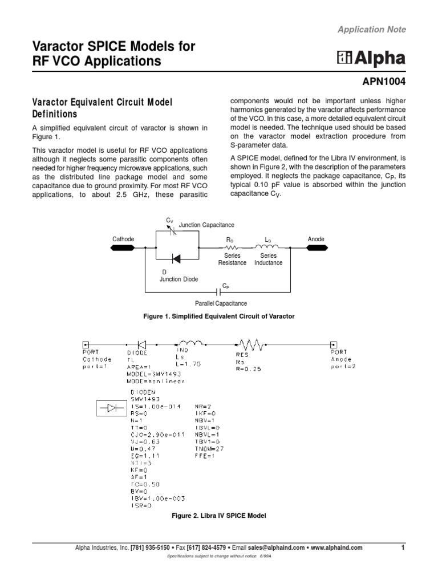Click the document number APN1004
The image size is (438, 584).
pyautogui.click(x=381, y=82)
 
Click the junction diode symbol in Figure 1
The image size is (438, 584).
pyautogui.click(x=176, y=259)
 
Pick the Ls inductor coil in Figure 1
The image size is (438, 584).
pyautogui.click(x=268, y=248)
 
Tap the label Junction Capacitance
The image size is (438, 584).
pyautogui.click(x=206, y=225)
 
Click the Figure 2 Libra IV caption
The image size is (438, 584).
pyautogui.click(x=219, y=516)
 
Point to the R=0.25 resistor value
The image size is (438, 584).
pyautogui.click(x=249, y=369)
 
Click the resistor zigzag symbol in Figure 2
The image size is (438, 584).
pyautogui.click(x=249, y=344)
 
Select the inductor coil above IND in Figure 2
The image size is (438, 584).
pyautogui.click(x=188, y=343)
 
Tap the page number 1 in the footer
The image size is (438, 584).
pyautogui.click(x=403, y=547)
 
